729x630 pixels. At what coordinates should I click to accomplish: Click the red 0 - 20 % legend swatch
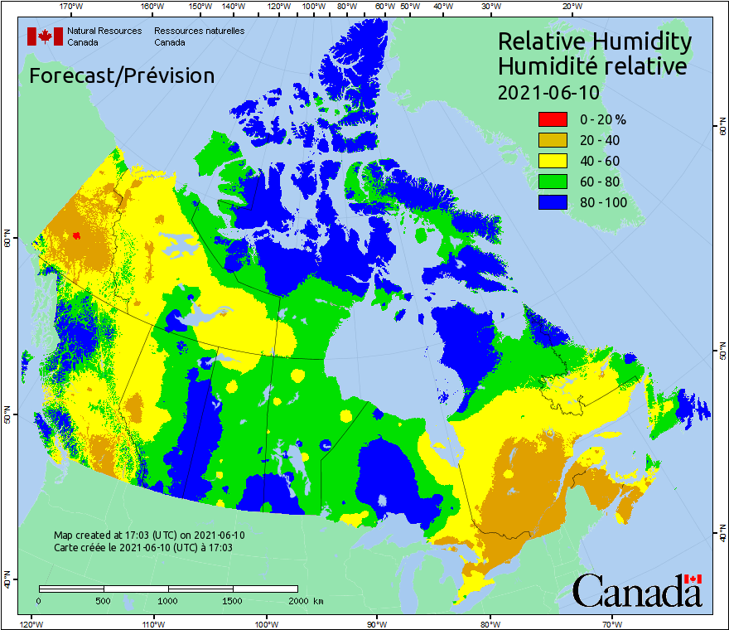(x=553, y=119)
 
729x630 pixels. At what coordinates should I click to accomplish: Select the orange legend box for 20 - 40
(x=553, y=140)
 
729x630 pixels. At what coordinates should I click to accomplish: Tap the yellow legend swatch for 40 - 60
(x=553, y=161)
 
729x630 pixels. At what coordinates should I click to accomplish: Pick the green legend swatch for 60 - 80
(x=553, y=182)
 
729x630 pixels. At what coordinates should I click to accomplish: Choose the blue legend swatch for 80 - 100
(x=553, y=202)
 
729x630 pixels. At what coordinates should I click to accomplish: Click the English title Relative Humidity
(x=594, y=41)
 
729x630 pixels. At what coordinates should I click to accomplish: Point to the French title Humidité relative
(x=591, y=65)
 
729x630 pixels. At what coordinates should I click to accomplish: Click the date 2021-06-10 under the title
(x=548, y=92)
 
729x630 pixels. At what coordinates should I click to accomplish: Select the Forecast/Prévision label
(x=122, y=75)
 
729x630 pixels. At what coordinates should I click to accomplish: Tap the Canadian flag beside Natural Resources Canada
(x=46, y=36)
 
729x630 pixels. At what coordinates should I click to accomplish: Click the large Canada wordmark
(x=637, y=590)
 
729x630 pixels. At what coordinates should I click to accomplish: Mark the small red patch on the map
(x=76, y=235)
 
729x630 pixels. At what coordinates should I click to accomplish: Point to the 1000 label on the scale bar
(x=168, y=600)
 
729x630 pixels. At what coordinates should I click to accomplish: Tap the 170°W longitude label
(x=72, y=7)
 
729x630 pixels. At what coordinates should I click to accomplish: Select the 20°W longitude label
(x=571, y=7)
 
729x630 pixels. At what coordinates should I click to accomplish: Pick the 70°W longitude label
(x=612, y=623)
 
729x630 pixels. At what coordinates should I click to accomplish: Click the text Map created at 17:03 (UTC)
(x=149, y=535)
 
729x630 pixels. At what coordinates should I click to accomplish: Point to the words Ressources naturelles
(x=199, y=31)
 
